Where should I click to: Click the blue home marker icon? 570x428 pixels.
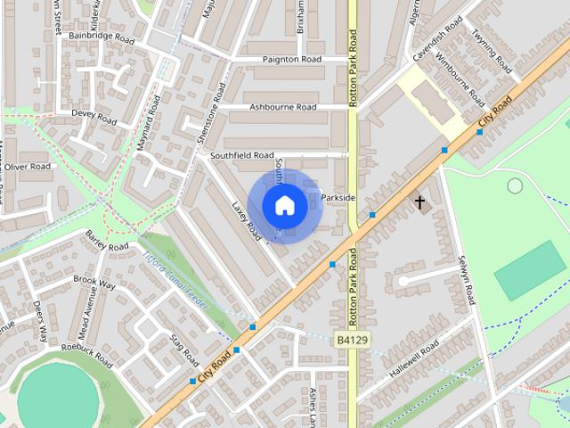pos(285,206)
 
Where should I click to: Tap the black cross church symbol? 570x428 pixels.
pos(419,203)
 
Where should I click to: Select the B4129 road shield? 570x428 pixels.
pos(352,340)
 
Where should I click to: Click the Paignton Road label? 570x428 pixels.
pos(291,60)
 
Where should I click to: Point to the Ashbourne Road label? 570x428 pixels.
pos(282,107)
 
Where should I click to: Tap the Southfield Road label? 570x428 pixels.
pos(241,155)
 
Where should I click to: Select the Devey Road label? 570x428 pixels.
pos(94,117)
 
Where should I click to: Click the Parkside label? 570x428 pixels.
pos(338,197)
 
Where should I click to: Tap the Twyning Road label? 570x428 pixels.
pos(492,53)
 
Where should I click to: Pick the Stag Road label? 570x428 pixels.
pos(184,350)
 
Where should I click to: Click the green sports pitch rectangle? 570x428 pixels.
pos(530,269)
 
